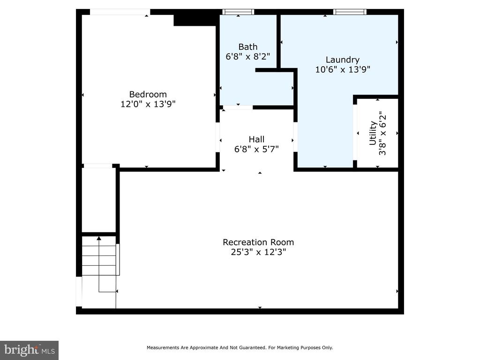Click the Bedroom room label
click(148, 94)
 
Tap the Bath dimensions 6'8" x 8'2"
click(247, 57)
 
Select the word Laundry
click(343, 60)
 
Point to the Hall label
click(256, 139)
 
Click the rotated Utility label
click(373, 133)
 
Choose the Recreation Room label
click(258, 242)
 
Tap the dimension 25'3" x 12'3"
click(258, 252)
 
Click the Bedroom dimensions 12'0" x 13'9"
click(148, 104)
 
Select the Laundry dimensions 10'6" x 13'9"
click(343, 69)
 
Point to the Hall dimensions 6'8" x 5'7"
click(256, 149)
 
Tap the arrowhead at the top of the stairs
click(98, 238)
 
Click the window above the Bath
click(238, 12)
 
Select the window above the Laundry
click(350, 12)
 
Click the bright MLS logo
click(29, 350)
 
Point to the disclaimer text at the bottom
click(240, 347)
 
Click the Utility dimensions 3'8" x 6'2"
click(382, 133)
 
